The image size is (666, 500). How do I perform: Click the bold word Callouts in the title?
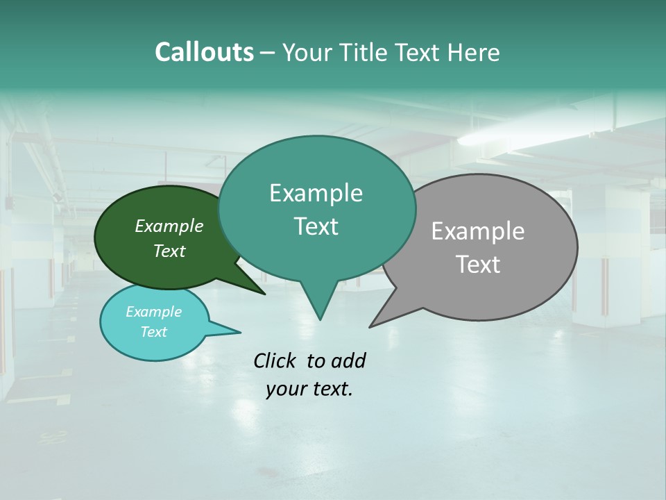tap(205, 52)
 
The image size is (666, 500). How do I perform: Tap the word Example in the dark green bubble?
tap(169, 226)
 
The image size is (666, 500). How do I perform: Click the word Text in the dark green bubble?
tap(169, 251)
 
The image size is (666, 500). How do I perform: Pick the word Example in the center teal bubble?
tap(316, 193)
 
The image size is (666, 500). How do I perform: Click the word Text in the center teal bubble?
tap(316, 226)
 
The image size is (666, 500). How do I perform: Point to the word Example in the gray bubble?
tap(478, 231)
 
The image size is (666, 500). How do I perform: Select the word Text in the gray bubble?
tap(478, 264)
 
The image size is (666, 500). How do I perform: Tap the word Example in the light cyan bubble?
tap(154, 312)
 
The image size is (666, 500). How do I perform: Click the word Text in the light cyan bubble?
tap(154, 331)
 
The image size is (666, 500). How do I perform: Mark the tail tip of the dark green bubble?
tap(264, 294)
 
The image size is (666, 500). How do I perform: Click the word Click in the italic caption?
tap(275, 360)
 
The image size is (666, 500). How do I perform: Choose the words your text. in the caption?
tap(309, 389)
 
